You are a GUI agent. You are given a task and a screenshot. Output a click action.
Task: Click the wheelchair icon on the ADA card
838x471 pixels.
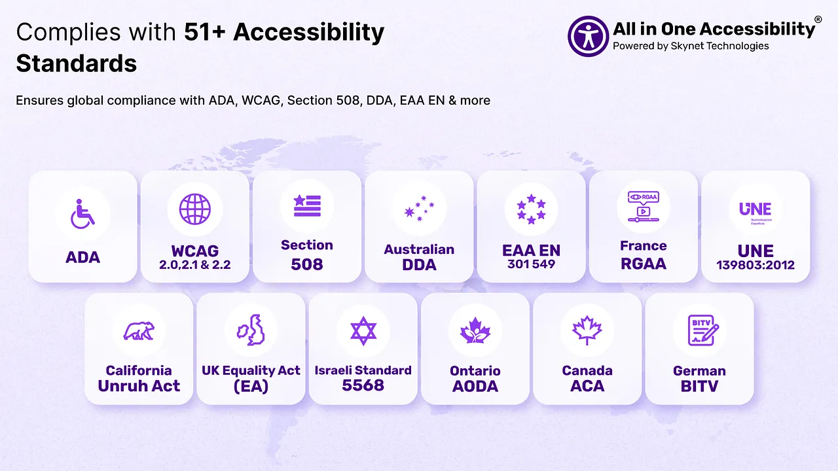click(x=82, y=214)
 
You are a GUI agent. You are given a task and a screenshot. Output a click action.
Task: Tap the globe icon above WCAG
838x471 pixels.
click(x=194, y=209)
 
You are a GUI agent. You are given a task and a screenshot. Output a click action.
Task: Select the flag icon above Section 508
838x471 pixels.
click(x=307, y=205)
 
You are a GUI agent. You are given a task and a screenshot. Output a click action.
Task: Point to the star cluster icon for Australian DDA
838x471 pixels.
click(x=419, y=208)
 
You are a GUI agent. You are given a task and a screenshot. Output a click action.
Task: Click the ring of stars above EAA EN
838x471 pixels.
click(x=531, y=209)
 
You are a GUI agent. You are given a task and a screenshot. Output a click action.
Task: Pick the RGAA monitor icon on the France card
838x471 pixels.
click(x=644, y=207)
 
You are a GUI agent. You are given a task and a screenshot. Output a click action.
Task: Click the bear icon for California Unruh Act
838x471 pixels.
click(x=139, y=330)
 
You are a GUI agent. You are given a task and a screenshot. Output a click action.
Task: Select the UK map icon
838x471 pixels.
click(x=251, y=330)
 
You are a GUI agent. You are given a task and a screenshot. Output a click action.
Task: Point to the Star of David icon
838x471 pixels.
click(x=363, y=331)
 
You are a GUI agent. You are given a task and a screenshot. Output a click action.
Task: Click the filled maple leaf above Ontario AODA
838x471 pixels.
click(x=475, y=330)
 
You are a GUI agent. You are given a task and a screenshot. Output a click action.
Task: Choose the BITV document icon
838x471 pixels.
click(x=703, y=330)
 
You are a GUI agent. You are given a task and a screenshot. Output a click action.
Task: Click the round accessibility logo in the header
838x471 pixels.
click(x=588, y=36)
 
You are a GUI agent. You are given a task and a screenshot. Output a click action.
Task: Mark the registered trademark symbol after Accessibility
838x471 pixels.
click(x=818, y=19)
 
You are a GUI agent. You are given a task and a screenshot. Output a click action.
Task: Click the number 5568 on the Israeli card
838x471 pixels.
click(x=363, y=385)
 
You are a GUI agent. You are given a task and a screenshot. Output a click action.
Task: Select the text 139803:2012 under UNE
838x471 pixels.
click(x=756, y=265)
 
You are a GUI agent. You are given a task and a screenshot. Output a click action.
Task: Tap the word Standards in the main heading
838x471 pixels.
click(x=77, y=63)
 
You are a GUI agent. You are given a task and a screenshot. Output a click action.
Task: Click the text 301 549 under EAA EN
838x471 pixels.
click(x=531, y=264)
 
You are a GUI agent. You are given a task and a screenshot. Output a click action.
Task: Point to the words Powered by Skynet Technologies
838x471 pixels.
click(x=691, y=46)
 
